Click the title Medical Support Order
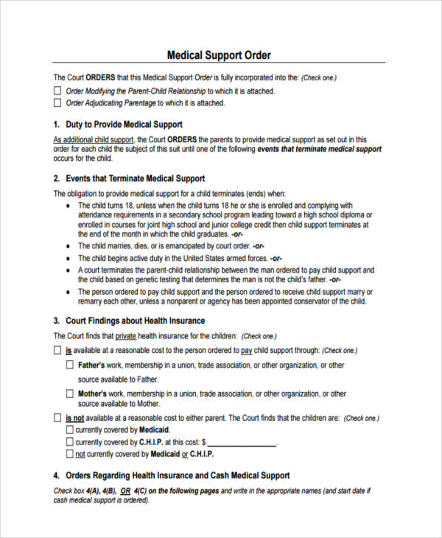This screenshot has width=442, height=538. [220, 55]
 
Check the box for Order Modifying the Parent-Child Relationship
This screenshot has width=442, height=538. [58, 91]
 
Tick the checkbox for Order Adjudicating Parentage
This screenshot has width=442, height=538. [58, 103]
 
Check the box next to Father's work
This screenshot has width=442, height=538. [70, 365]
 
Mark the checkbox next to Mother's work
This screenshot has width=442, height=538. [70, 394]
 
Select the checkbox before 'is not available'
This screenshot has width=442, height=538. [58, 418]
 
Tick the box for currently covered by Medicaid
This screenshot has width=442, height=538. [70, 430]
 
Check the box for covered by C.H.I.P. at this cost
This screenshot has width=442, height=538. [70, 442]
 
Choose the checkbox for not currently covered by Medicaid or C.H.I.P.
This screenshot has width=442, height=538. [70, 454]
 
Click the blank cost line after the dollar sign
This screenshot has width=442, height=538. [242, 443]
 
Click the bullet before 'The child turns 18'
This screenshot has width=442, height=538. [69, 206]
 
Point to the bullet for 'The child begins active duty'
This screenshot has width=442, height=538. [69, 259]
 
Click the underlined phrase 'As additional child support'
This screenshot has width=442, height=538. [94, 139]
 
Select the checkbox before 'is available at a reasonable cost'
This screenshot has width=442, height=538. [58, 351]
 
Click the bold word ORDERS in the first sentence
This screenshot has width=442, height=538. [100, 77]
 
